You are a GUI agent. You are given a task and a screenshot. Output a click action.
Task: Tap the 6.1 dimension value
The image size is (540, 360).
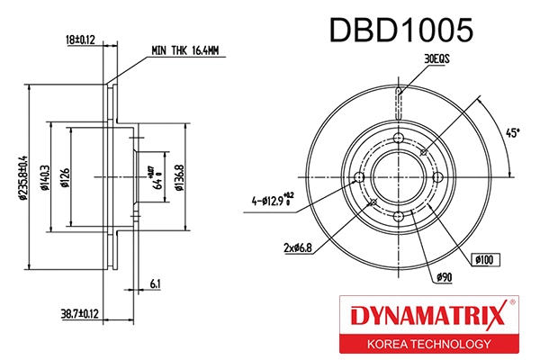point(156,284)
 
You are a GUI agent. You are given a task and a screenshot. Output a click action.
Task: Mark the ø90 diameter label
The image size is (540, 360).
point(444,278)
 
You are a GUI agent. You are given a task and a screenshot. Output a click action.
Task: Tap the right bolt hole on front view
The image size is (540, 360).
point(438,176)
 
